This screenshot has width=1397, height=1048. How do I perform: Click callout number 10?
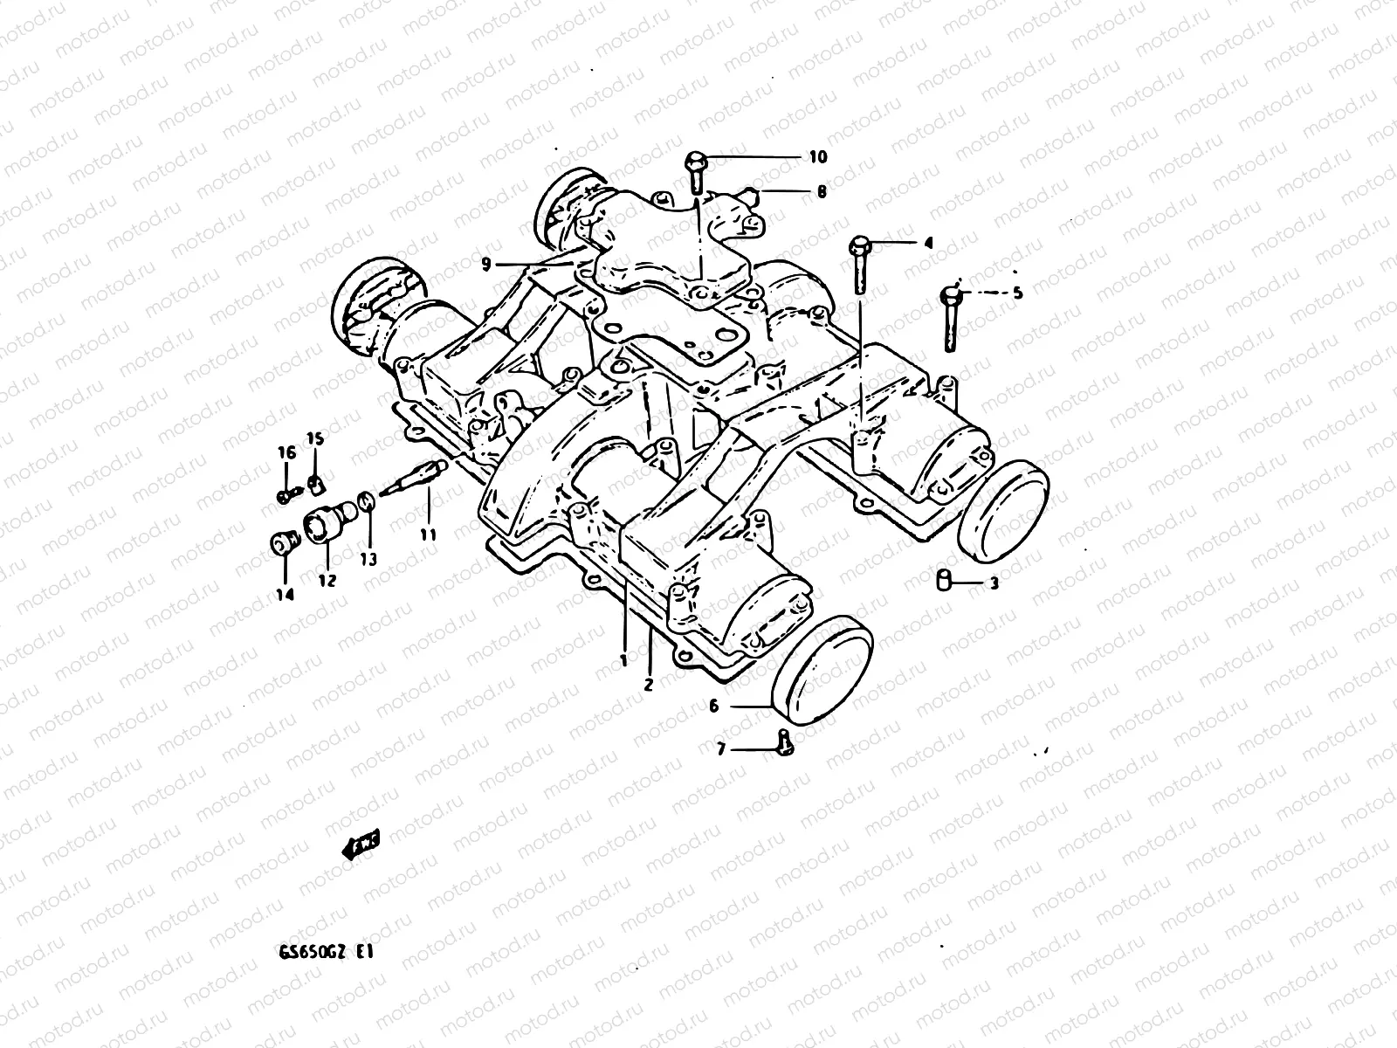(817, 157)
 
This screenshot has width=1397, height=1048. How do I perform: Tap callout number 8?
(822, 191)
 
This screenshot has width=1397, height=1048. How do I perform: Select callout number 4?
(928, 245)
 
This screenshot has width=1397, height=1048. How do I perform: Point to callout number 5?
(1016, 293)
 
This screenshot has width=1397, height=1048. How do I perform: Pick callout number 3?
(994, 583)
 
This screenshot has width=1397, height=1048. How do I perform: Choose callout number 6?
(713, 706)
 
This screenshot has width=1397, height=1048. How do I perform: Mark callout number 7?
(720, 749)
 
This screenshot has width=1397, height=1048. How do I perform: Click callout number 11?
(427, 534)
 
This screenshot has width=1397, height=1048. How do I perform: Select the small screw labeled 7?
(783, 740)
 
